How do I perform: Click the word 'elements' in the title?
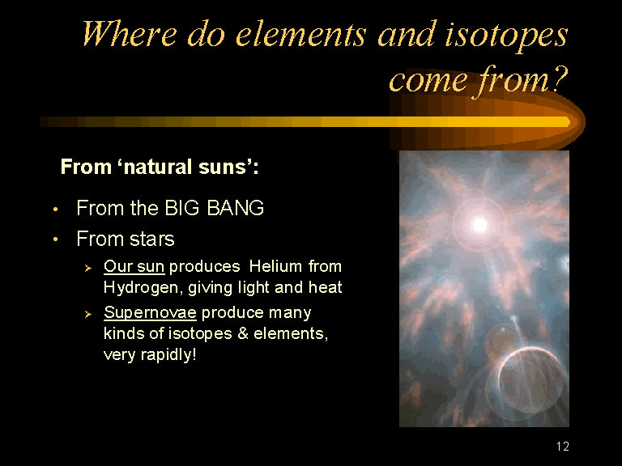click(300, 35)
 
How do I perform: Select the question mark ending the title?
click(560, 78)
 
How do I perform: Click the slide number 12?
click(563, 447)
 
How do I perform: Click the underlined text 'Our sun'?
click(134, 266)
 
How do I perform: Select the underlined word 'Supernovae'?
click(150, 312)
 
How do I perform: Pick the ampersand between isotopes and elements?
click(243, 333)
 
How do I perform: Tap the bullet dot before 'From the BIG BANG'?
click(56, 209)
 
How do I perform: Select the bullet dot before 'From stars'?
click(56, 239)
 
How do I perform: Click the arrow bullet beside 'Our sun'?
click(88, 269)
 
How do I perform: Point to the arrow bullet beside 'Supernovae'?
click(88, 314)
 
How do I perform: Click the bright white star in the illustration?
click(479, 225)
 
